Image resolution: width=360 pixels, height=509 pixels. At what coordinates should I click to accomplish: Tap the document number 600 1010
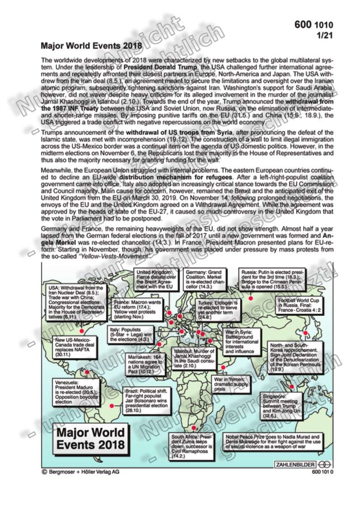click(313, 25)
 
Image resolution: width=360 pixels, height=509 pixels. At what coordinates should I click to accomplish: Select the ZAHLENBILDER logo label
click(296, 463)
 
